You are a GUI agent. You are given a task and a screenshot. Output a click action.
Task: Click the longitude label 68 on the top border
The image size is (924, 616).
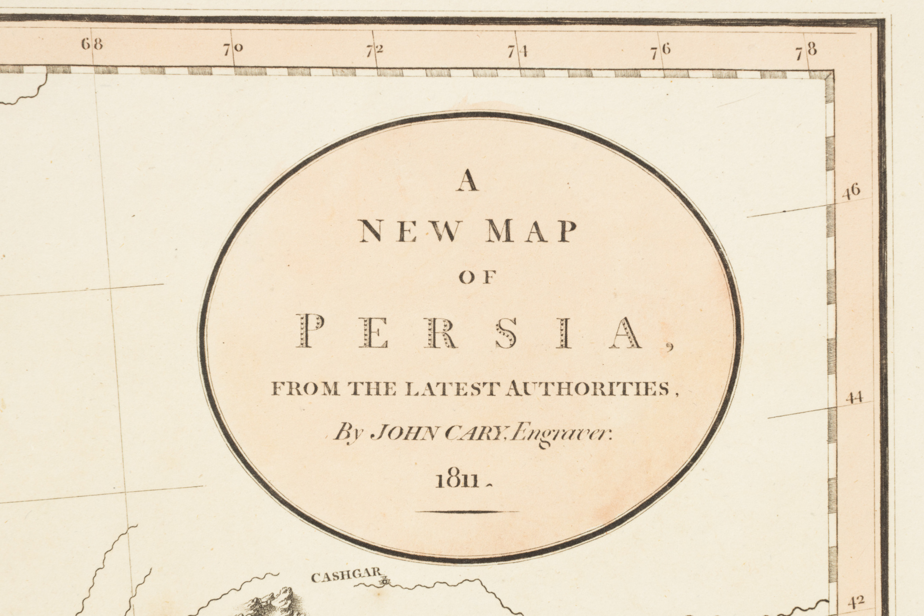pos(91,45)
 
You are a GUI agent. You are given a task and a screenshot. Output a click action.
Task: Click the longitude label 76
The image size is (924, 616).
pos(661,52)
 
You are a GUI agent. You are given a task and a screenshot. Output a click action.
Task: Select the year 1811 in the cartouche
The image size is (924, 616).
pos(456,481)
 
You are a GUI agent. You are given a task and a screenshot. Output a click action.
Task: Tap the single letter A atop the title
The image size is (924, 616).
pos(468,183)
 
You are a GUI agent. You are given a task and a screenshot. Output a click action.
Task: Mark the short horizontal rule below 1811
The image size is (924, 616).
pos(467,512)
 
